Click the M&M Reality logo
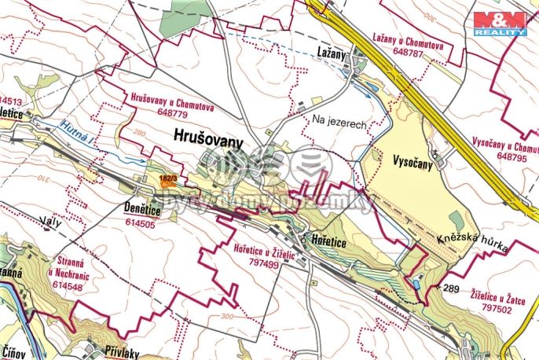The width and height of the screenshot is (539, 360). [504, 23]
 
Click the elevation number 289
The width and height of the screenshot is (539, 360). [450, 289]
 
